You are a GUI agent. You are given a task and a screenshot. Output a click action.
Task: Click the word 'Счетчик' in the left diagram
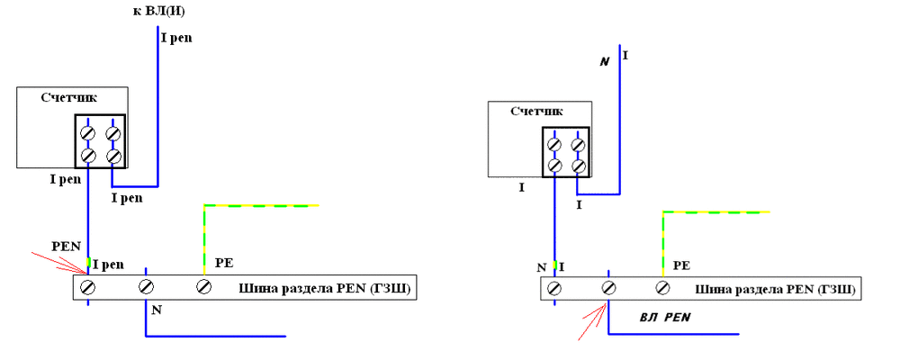pos(69,96)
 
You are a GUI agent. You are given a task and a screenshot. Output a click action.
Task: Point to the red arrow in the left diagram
pos(58,261)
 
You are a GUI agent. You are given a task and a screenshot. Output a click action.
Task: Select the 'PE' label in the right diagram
pos(681,266)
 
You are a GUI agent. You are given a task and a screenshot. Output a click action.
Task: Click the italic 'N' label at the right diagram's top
pos(605,61)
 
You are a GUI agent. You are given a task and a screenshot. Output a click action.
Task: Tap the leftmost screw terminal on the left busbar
pos(88,287)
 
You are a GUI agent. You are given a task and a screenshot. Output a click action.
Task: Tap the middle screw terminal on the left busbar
pos(146,287)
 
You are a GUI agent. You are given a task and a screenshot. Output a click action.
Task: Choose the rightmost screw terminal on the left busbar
pos(203,287)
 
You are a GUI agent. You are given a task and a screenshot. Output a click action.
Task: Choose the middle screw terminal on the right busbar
pos(609,288)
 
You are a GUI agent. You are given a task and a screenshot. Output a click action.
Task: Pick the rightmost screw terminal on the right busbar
pos(663,288)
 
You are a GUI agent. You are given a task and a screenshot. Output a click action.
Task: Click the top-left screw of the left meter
pos(88,134)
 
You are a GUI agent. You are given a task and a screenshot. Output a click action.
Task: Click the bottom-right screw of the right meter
pos(578,166)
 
